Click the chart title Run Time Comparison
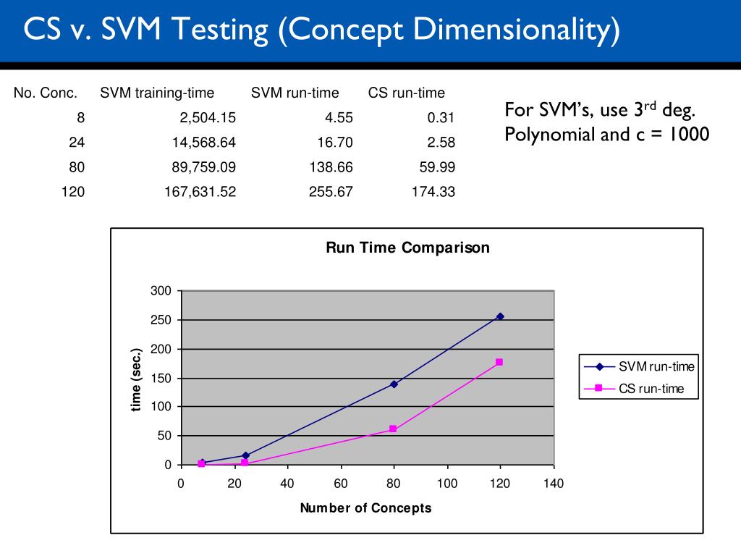407,248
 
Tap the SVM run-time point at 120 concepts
500,316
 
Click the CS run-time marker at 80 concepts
393,429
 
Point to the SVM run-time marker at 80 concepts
394,384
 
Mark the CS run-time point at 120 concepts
499,362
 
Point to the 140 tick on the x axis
554,484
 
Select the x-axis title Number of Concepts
365,507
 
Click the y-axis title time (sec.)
135,379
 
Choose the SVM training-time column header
157,93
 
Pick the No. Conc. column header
46,93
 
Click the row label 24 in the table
77,143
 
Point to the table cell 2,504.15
205,118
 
